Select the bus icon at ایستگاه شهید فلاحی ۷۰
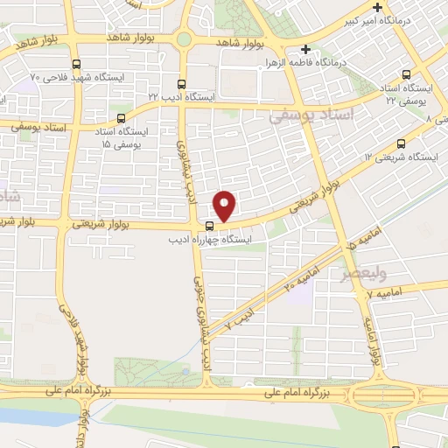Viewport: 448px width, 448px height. tap(76, 64)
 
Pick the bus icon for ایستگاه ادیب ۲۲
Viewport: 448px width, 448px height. tap(180, 84)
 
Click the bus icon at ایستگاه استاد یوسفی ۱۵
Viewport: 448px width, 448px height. tap(121, 117)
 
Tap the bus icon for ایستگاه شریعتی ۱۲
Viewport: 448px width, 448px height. tap(401, 144)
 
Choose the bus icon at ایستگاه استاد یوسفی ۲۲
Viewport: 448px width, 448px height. tap(405, 75)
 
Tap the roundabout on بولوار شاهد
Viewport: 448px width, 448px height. tap(183, 39)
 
